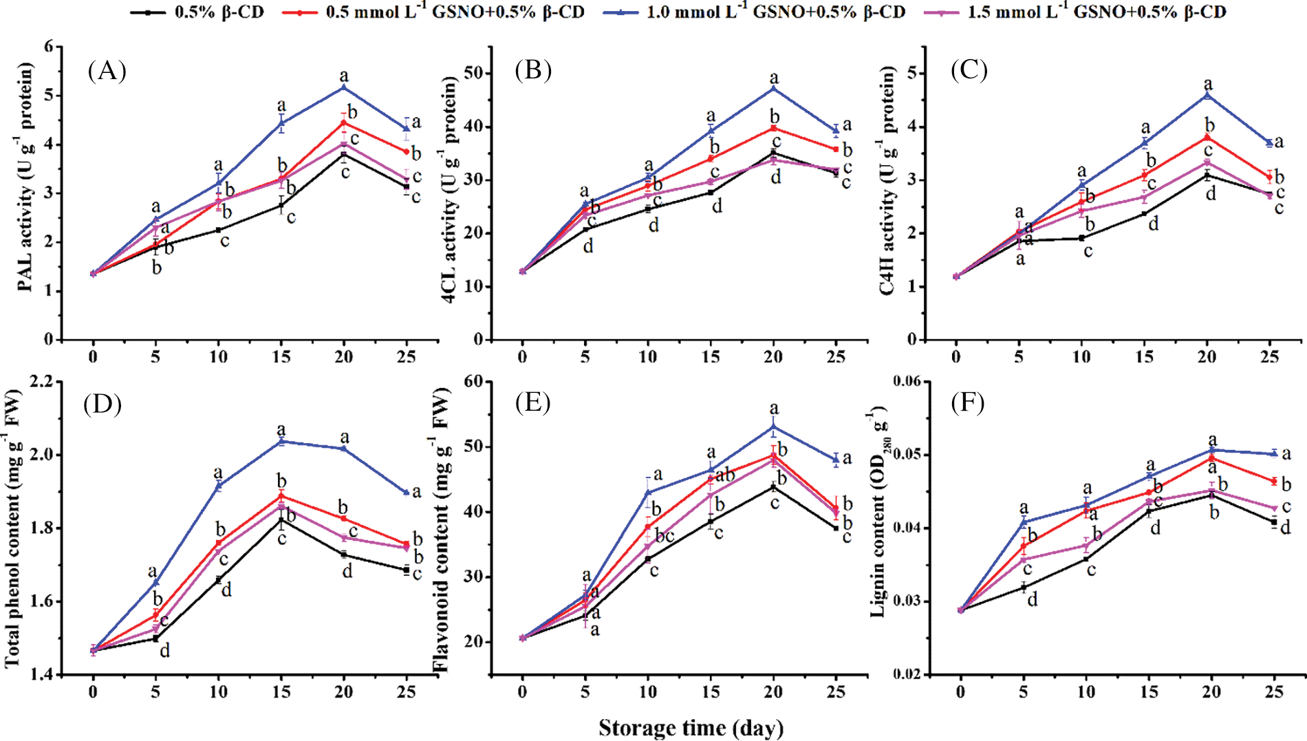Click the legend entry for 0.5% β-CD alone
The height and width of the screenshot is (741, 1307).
click(196, 12)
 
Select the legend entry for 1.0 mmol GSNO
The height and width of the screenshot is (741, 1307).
click(753, 12)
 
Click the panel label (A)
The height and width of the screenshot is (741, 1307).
click(107, 70)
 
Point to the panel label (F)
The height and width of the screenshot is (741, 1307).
click(967, 403)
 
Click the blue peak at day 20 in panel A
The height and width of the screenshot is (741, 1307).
click(344, 87)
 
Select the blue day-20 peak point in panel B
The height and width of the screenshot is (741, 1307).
click(774, 88)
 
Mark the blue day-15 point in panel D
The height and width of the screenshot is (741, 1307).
click(281, 441)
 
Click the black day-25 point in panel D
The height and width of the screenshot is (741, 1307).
click(407, 570)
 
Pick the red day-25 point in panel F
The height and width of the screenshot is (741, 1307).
click(1274, 481)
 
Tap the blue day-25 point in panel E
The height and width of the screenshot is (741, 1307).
click(836, 460)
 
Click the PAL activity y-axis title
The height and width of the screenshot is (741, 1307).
click(26, 177)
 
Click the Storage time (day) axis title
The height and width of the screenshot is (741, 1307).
click(691, 728)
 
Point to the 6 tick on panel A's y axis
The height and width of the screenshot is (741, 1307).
click(48, 47)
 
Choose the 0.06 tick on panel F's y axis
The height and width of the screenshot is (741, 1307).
click(907, 381)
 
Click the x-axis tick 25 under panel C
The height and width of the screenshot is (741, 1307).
click(1270, 356)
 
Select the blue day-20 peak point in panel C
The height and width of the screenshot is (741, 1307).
click(1207, 95)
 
